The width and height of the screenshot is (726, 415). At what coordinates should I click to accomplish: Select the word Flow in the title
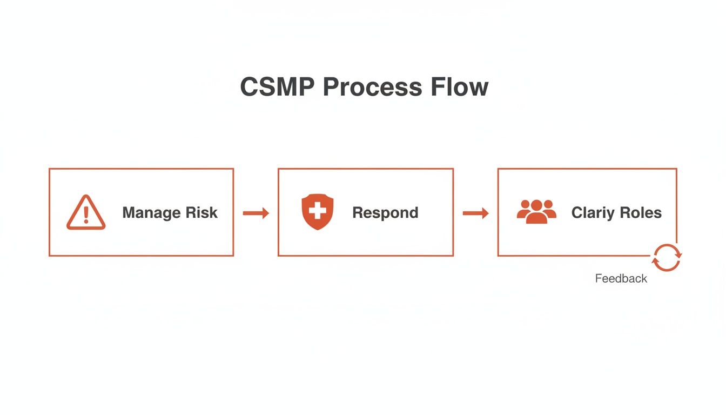(x=459, y=87)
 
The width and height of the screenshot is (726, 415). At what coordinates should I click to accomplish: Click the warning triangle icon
(x=86, y=213)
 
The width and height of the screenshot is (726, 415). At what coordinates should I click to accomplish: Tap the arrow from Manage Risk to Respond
(x=256, y=213)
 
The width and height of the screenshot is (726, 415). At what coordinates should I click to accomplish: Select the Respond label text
(x=385, y=213)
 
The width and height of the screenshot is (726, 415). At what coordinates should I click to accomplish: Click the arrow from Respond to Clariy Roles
(x=475, y=213)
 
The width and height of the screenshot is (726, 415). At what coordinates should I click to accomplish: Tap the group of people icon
(x=536, y=211)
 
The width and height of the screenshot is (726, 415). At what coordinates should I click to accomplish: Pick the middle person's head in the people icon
(x=536, y=205)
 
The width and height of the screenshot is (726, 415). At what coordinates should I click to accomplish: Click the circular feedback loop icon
(x=667, y=257)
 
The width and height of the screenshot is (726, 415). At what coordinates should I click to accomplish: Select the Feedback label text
(x=621, y=279)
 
